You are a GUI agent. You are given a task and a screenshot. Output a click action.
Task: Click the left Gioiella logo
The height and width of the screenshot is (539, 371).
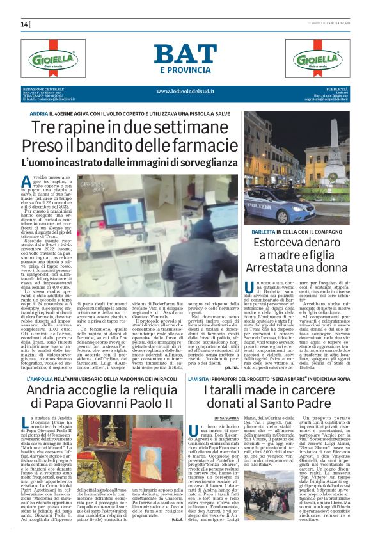54,58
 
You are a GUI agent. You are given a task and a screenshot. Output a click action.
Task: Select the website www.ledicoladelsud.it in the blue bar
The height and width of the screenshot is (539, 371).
185,91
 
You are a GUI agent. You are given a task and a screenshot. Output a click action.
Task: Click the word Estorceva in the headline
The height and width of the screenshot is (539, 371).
271,242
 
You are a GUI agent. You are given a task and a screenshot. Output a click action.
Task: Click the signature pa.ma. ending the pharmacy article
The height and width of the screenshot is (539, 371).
230,351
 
